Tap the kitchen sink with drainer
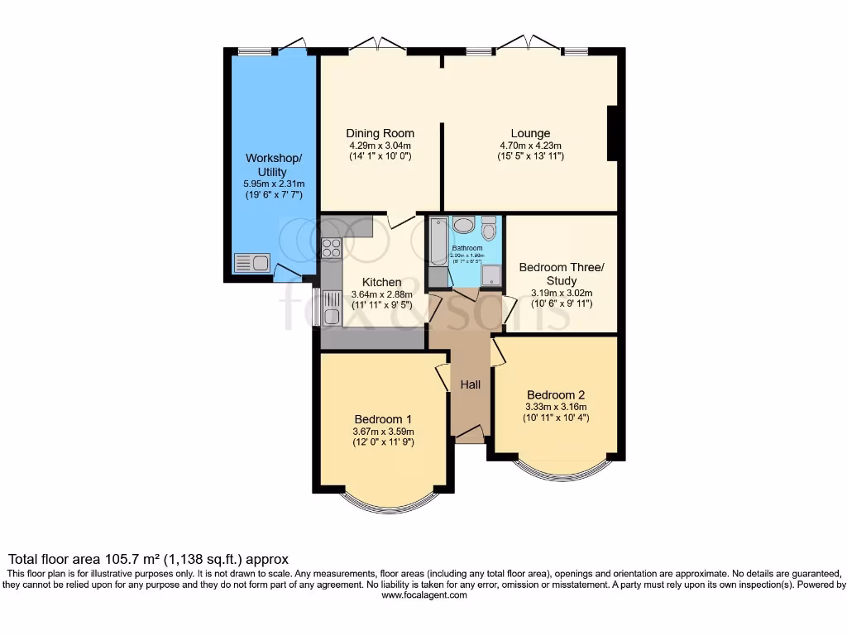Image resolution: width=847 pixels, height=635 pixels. pos(331,308)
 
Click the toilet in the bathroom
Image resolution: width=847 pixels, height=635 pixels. pos(489,227)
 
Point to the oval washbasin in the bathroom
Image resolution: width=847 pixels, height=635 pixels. pos(464,226)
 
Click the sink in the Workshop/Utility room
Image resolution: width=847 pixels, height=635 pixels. pos(252,264)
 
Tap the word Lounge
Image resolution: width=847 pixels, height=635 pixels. pos(530,133)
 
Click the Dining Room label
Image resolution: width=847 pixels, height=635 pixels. pos(380,133)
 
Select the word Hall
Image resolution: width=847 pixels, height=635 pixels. pos(470,384)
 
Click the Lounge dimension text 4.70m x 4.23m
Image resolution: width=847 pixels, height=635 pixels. pos(530,145)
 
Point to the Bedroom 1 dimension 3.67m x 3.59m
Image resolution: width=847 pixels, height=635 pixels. pos(383,431)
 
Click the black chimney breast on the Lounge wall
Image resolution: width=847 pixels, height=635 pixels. pos(612,133)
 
